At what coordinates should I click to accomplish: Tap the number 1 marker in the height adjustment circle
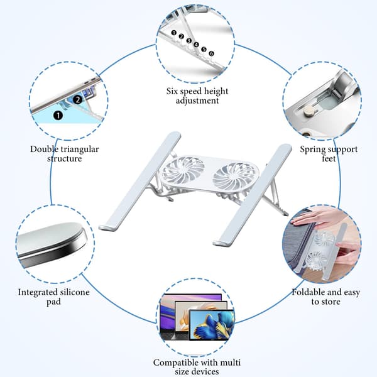click(174, 33)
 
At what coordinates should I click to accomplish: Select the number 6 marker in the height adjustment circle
click(211, 53)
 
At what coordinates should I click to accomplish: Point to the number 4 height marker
click(197, 45)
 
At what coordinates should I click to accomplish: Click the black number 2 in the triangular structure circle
click(78, 99)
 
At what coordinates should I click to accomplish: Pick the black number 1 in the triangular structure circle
click(58, 116)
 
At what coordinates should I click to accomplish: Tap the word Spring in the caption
click(313, 150)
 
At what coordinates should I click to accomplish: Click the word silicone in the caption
click(75, 292)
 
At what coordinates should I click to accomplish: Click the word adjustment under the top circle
click(197, 101)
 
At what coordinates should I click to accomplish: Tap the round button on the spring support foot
click(307, 111)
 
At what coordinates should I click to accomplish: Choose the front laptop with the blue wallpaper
click(212, 325)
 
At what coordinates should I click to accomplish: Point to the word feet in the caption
click(329, 159)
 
